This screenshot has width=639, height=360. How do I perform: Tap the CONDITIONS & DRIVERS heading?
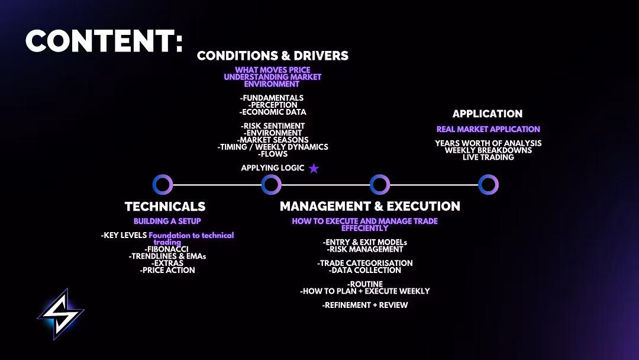coord(273,56)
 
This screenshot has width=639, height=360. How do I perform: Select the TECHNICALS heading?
coord(165,207)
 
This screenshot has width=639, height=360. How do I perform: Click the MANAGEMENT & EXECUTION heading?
coord(370,207)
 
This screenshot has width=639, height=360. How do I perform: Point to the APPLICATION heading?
coord(488,114)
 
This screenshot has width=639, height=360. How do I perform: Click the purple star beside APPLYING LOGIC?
coord(314,169)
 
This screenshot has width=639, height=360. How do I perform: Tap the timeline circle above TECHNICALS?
coord(162,185)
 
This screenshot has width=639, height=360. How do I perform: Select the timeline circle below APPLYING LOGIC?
coord(271,185)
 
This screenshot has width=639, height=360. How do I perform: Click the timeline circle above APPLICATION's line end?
coord(488,185)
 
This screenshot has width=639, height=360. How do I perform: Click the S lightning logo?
coord(61,314)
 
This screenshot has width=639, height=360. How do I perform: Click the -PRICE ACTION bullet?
coord(167,270)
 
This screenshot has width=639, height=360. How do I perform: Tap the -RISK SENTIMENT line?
coord(273,126)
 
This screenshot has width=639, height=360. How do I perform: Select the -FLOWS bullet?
coord(273,154)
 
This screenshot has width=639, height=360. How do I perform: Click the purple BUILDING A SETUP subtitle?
coord(167,221)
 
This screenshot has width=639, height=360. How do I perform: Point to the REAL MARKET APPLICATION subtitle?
coord(488,129)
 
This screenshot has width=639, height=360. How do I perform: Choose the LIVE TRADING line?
coord(488,157)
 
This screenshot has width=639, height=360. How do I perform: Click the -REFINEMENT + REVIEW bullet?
coord(365,306)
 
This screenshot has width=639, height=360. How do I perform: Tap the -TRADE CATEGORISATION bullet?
coord(365,263)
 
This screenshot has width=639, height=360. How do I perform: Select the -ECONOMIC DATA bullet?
coord(273,112)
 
